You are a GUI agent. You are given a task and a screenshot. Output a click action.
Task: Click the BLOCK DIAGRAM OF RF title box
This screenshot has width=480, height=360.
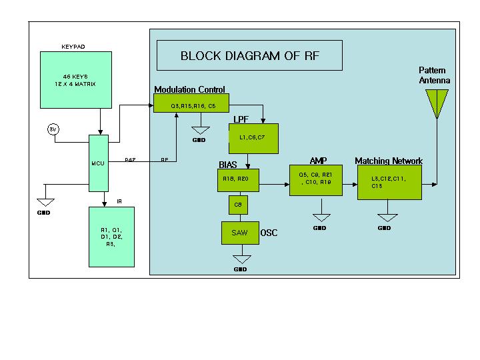pyautogui.click(x=249, y=56)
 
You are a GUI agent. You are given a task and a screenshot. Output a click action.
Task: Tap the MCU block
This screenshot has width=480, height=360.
pyautogui.click(x=98, y=163)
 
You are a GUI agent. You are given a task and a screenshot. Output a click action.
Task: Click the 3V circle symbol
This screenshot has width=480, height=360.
pyautogui.click(x=53, y=129)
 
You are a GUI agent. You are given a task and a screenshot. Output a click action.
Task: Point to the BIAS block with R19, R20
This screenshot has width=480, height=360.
pyautogui.click(x=238, y=179)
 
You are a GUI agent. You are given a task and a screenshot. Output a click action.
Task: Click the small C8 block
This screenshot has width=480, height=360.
pyautogui.click(x=238, y=205)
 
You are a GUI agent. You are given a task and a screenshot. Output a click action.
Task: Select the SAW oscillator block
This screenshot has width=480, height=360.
pyautogui.click(x=240, y=233)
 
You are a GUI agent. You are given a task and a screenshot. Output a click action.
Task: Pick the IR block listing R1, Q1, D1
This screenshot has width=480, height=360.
pyautogui.click(x=111, y=237)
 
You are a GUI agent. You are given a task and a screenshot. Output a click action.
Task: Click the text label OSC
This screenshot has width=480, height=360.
pyautogui.click(x=269, y=233)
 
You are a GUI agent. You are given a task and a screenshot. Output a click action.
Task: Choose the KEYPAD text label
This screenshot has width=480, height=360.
pyautogui.click(x=73, y=47)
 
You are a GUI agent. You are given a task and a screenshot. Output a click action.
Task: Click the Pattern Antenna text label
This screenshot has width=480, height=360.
pyautogui.click(x=434, y=75)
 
